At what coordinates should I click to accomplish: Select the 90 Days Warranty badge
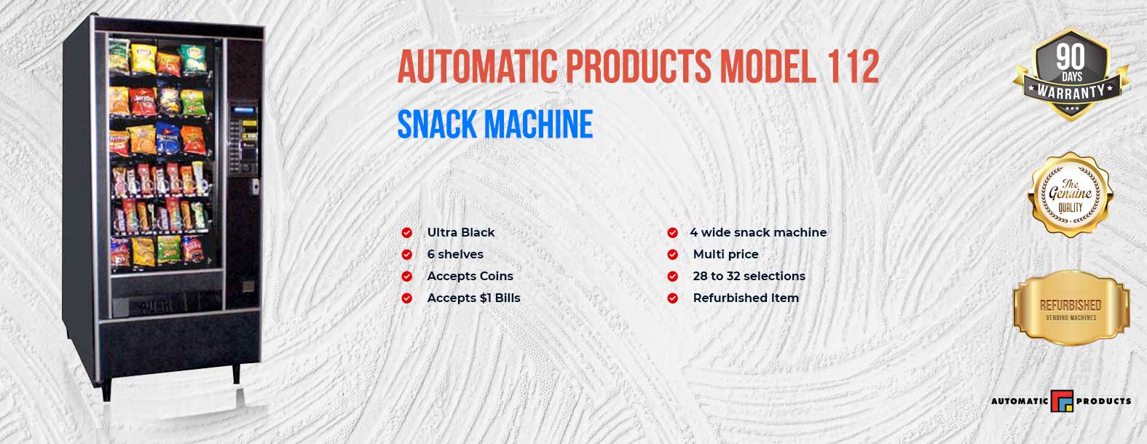pyautogui.click(x=1071, y=75)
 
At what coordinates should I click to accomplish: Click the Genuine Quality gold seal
pyautogui.click(x=1071, y=195)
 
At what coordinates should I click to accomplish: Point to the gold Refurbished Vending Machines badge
pyautogui.click(x=1071, y=309)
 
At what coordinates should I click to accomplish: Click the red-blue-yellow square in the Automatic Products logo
pyautogui.click(x=1062, y=401)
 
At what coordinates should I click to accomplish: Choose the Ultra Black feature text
pyautogui.click(x=461, y=232)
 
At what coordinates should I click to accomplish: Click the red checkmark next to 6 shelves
pyautogui.click(x=406, y=254)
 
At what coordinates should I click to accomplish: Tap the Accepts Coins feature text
pyautogui.click(x=470, y=276)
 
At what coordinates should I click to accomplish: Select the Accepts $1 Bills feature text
pyautogui.click(x=473, y=298)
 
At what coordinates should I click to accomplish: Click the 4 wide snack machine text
pyautogui.click(x=758, y=232)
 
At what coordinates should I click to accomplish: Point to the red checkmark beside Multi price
pyautogui.click(x=672, y=254)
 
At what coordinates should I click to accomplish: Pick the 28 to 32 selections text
pyautogui.click(x=749, y=276)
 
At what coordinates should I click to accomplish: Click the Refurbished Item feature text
pyautogui.click(x=746, y=298)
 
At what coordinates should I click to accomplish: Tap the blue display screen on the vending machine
pyautogui.click(x=243, y=111)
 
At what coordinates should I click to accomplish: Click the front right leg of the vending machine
pyautogui.click(x=236, y=374)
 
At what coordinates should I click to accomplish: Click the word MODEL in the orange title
pyautogui.click(x=768, y=66)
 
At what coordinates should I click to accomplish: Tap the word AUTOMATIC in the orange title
pyautogui.click(x=477, y=66)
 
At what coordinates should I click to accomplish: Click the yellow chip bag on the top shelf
pyautogui.click(x=144, y=58)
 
